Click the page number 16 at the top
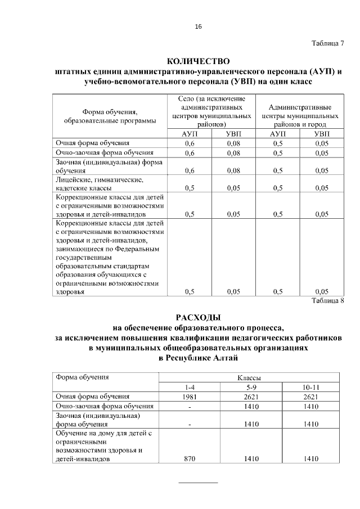coord(198,26)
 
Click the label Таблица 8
coord(327,300)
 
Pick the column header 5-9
coord(250,387)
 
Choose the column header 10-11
coord(310,387)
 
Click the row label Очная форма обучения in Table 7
coord(92,143)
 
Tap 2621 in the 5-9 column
coord(250,397)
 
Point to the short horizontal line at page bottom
coord(198,483)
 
